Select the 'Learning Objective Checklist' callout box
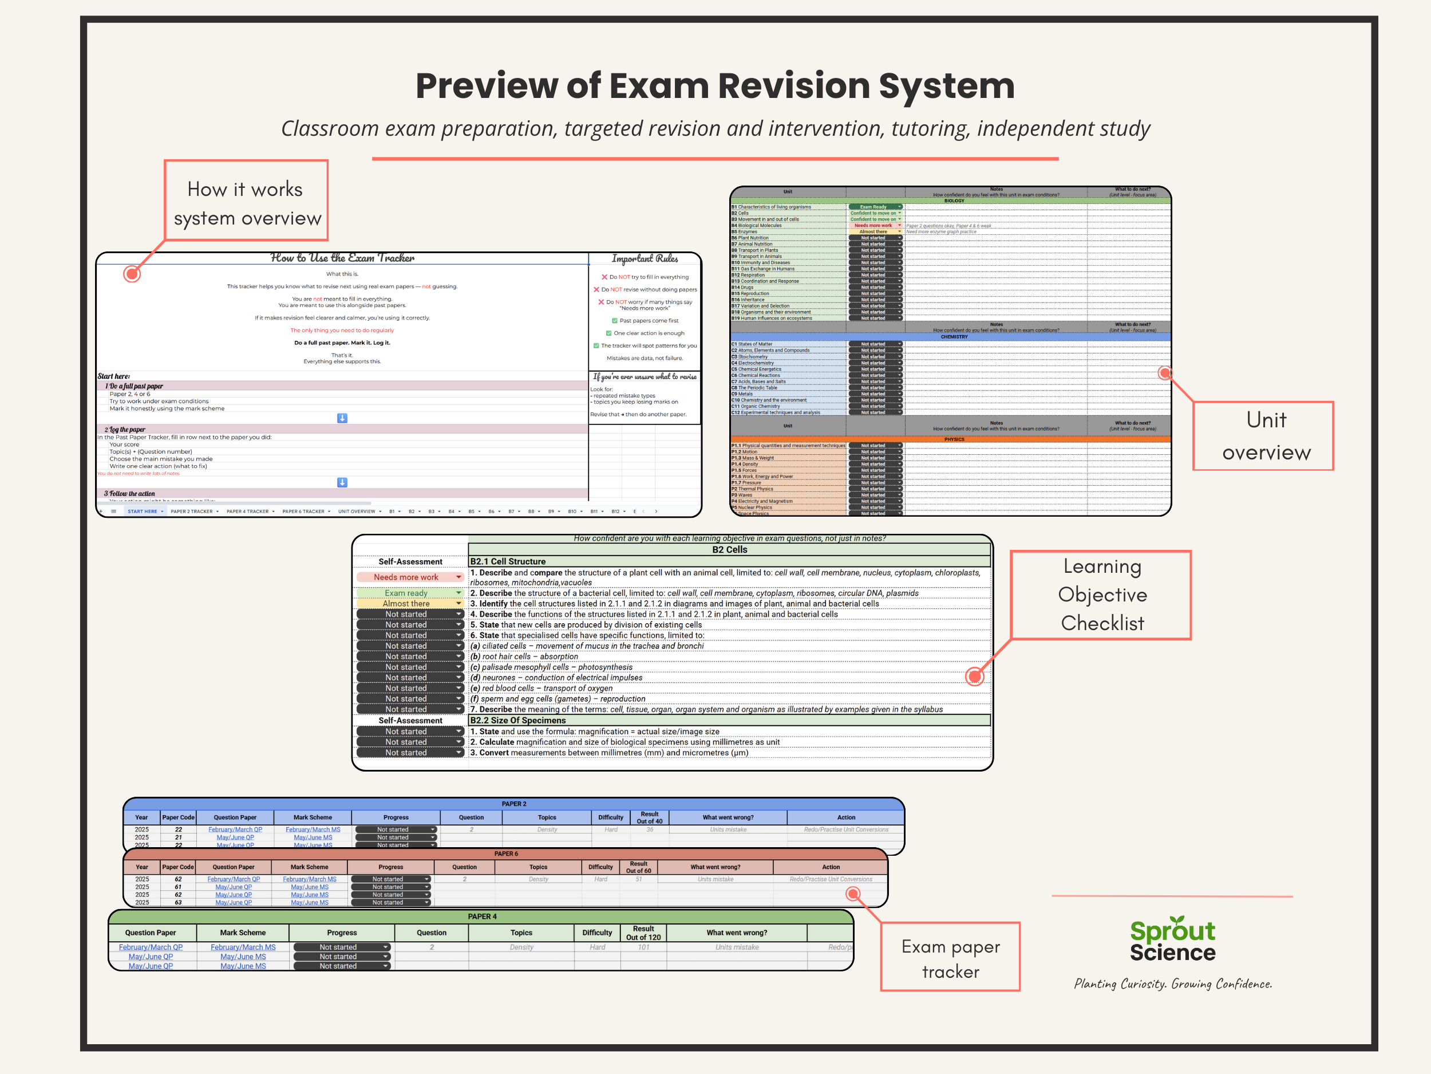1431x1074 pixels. tap(1102, 595)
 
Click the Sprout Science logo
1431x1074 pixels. tap(1172, 940)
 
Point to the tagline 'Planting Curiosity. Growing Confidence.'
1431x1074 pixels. tap(1172, 984)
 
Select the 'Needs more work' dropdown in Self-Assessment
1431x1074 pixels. tap(409, 577)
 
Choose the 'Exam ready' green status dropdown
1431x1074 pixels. tap(409, 593)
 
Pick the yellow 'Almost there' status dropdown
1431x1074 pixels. tap(409, 603)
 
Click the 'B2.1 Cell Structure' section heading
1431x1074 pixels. tap(508, 561)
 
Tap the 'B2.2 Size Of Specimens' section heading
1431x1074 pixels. tap(517, 720)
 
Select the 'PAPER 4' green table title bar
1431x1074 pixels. tap(482, 916)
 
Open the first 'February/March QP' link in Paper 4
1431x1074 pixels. tap(151, 947)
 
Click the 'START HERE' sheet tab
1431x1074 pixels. tap(143, 512)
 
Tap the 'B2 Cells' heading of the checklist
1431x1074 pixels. tap(729, 550)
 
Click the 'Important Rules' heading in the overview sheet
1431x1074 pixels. tap(645, 259)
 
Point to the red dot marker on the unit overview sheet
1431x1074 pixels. tap(1164, 373)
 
